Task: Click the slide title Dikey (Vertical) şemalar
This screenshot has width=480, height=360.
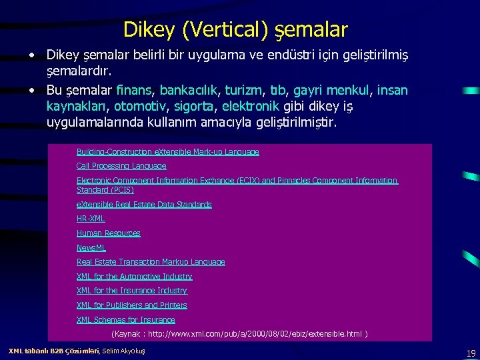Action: [x=235, y=30]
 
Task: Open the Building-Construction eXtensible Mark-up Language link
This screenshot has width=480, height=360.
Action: [x=167, y=152]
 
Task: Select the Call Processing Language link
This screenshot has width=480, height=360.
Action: [x=121, y=166]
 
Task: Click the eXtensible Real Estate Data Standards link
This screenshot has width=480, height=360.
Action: [x=144, y=205]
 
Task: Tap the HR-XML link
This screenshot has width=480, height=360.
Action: [x=91, y=219]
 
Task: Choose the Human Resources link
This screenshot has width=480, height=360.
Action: [x=108, y=233]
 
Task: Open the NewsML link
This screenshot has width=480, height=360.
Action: [x=91, y=248]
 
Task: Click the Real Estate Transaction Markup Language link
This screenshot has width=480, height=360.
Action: [x=151, y=262]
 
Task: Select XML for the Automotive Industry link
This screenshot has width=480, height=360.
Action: [x=134, y=277]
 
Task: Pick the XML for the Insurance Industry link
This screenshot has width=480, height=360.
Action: [x=132, y=291]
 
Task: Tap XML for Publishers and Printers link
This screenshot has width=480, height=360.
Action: [x=132, y=305]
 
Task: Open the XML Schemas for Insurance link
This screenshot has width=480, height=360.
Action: [x=125, y=320]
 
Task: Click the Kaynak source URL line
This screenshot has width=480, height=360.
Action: [x=239, y=333]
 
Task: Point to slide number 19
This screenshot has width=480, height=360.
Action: [x=471, y=353]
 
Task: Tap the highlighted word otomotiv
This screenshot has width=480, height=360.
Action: [x=139, y=107]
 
